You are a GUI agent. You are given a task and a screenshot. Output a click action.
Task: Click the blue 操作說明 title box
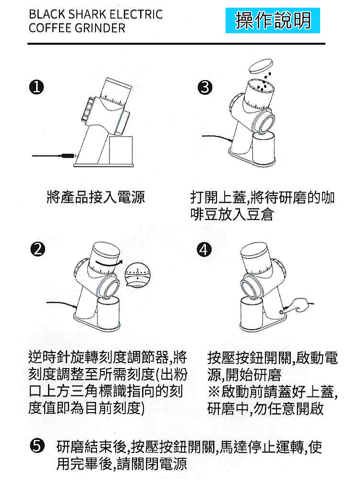[273, 21]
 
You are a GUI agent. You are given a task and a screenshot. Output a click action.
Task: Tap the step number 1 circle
[36, 87]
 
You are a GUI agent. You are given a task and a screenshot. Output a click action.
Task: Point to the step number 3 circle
[205, 87]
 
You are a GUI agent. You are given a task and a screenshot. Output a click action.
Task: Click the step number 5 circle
[36, 446]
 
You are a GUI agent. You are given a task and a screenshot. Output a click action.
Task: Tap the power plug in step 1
[68, 156]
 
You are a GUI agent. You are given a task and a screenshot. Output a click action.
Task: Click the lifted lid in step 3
[261, 66]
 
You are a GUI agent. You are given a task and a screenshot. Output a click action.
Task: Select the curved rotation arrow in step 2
[108, 263]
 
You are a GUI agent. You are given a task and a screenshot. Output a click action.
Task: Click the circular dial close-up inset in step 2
[137, 274]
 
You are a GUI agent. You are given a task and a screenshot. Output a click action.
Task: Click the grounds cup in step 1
[121, 150]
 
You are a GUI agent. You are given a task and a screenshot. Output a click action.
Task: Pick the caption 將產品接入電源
[96, 197]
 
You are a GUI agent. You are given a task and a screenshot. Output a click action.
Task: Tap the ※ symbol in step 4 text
[214, 392]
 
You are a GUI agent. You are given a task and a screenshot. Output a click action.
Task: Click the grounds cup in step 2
[108, 311]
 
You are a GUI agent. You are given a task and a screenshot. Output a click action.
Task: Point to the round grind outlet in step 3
[265, 124]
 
